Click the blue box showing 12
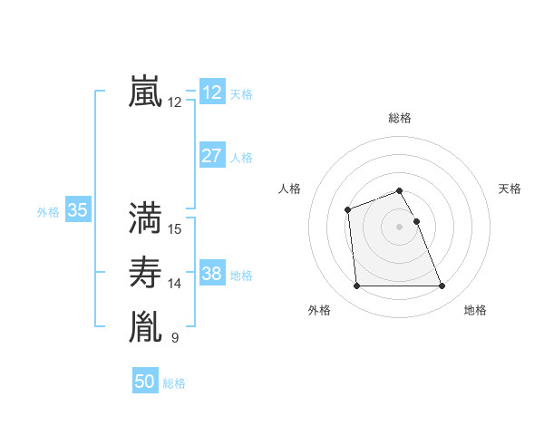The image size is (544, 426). [x=211, y=92]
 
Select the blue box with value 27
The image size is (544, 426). [x=211, y=156]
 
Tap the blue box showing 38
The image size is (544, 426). [x=211, y=274]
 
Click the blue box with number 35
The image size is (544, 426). [x=77, y=211]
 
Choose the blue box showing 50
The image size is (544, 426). [x=144, y=382]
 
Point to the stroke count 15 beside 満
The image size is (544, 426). [x=175, y=229]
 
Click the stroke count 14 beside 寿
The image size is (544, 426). [x=175, y=285]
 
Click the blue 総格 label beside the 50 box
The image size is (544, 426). [x=174, y=383]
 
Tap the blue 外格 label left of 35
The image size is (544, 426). [x=48, y=212]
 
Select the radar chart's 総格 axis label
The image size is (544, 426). [x=399, y=118]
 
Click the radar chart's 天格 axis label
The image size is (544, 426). [x=510, y=189]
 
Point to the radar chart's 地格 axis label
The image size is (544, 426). [x=475, y=310]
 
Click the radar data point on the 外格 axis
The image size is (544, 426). [x=356, y=286]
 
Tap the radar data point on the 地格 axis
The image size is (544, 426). [x=442, y=286]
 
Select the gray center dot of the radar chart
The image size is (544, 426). [x=399, y=226]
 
